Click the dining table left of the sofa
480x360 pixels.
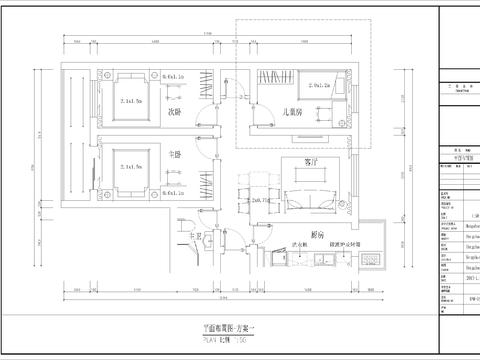pyautogui.click(x=262, y=200)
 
